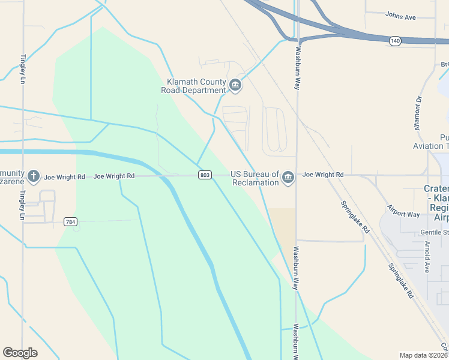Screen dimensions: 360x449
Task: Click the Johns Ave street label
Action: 400,17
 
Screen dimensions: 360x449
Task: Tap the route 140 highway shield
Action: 394,41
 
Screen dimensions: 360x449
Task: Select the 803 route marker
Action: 205,175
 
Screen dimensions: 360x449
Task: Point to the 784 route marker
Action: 71,221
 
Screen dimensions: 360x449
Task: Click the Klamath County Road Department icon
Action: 235,86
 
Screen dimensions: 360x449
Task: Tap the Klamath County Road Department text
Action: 193,86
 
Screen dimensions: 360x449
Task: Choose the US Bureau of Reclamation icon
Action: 288,178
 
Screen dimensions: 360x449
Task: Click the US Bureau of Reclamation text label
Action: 255,178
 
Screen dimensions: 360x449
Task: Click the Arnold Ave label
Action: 427,257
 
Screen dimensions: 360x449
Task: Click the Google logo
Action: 20,353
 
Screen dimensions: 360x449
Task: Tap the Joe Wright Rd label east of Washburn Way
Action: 323,175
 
